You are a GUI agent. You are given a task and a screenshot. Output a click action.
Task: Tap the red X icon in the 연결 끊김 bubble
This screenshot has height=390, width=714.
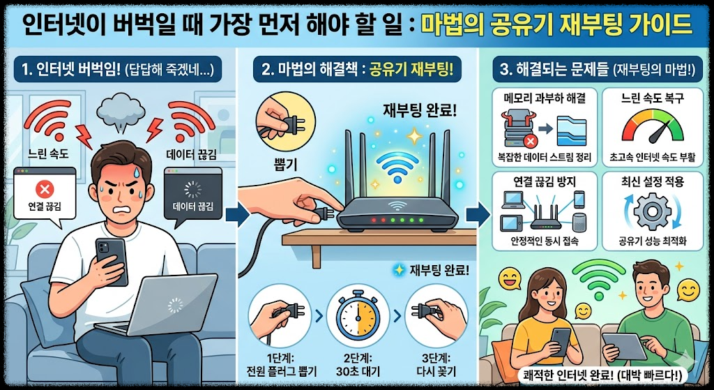[45, 188]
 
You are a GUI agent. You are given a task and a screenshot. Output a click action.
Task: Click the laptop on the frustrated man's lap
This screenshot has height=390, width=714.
[167, 303]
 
